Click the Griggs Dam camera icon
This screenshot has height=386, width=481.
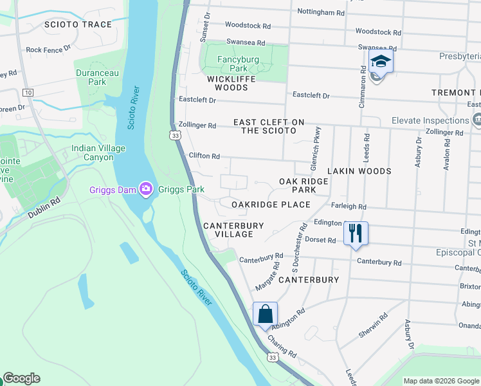coord(145,189)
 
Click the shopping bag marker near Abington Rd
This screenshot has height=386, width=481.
coord(265,315)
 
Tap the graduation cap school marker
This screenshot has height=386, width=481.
coord(381,62)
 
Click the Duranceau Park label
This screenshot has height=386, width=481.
coord(97,77)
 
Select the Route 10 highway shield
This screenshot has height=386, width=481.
coord(28,93)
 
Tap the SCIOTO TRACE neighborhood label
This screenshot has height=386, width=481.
coord(78,24)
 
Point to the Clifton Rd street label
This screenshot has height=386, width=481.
coord(204,156)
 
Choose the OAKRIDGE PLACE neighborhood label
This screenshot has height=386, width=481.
coord(271,205)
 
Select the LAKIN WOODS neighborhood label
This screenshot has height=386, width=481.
coord(359,171)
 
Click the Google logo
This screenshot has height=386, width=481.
coord(21,378)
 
